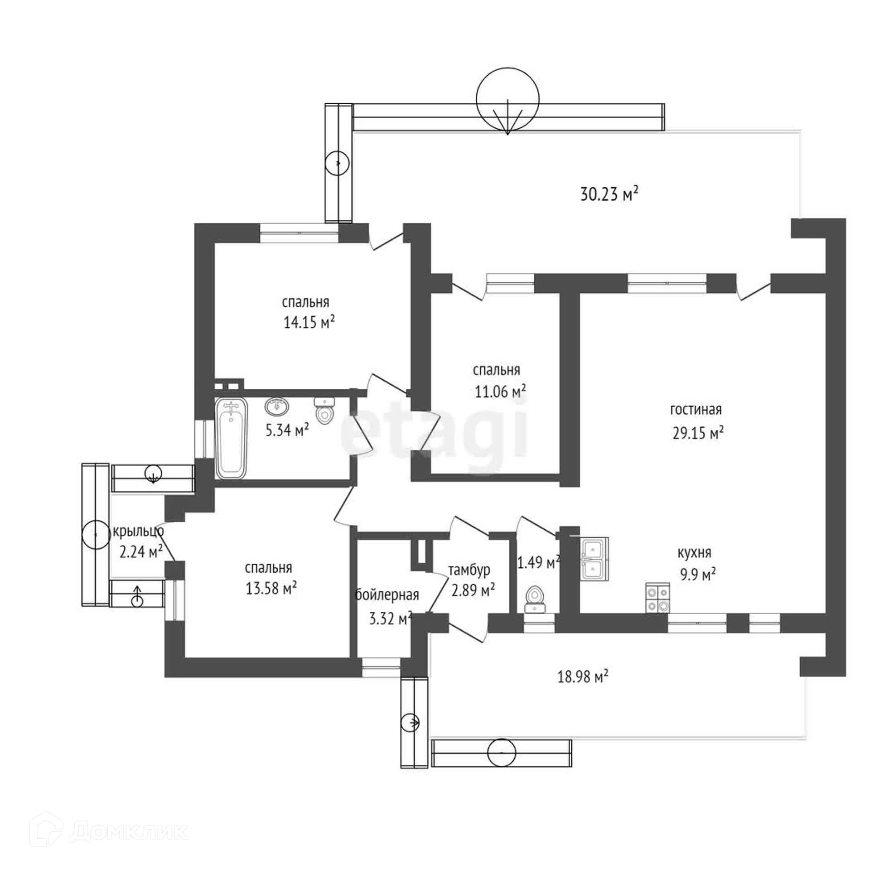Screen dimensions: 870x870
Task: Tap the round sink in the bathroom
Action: click(277, 406)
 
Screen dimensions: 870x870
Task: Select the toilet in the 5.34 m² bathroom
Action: click(324, 411)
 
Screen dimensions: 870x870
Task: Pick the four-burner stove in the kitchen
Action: click(657, 598)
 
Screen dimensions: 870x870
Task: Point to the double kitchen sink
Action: click(594, 559)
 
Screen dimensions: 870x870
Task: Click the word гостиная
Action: click(696, 410)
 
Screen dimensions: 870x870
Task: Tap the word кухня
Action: click(694, 553)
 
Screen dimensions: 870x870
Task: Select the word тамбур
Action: click(469, 570)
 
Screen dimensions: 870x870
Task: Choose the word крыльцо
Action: click(139, 531)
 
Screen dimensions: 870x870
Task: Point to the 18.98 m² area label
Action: click(582, 677)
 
